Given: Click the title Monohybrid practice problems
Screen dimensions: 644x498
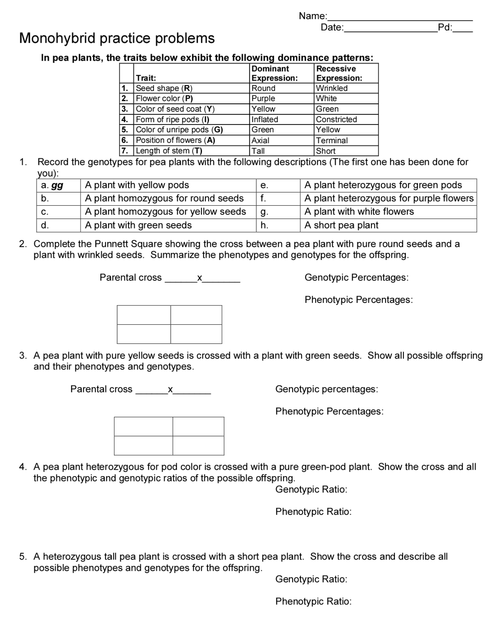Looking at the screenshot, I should point(117,38).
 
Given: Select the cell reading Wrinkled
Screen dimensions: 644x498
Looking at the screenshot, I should point(331,88).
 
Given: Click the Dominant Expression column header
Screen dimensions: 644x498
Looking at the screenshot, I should point(274,73).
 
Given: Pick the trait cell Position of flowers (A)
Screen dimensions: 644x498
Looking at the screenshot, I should point(175,140).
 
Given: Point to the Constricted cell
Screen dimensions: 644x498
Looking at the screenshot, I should point(336,119).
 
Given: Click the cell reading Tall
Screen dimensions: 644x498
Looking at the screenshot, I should point(258,151).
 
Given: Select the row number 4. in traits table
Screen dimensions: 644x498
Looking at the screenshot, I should point(125,119).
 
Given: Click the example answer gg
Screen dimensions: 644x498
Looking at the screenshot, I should point(57,185).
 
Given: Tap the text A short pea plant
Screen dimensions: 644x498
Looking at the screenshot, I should point(341,225).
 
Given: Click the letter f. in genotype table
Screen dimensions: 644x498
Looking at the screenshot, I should point(263,198).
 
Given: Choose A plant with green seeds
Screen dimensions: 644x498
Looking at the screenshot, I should point(138,225).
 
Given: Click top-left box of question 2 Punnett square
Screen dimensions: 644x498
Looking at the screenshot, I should point(144,315).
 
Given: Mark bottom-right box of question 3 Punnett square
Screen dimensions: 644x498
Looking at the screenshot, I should point(198,445).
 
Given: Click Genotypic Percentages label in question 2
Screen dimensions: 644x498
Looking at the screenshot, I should point(356,277).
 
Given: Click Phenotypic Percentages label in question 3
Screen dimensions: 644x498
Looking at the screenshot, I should point(329,411).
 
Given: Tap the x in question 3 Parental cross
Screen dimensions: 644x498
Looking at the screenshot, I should point(170,389).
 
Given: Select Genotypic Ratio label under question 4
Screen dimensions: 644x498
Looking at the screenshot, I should point(311,489).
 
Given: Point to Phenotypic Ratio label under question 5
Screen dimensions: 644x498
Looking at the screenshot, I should point(313,601).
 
